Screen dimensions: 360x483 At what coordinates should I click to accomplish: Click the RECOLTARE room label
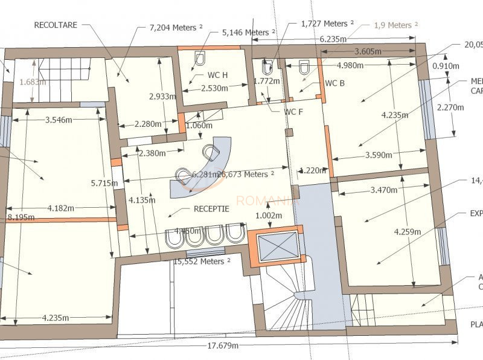click(56, 25)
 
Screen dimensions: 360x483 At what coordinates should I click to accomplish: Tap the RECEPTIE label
click(211, 209)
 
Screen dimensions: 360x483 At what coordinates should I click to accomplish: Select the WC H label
click(217, 75)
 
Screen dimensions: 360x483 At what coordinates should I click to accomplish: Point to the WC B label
click(334, 83)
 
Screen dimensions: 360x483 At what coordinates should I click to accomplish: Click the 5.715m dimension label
click(106, 182)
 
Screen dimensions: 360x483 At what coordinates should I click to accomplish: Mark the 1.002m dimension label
click(268, 215)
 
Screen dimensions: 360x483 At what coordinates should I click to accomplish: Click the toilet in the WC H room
click(200, 58)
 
